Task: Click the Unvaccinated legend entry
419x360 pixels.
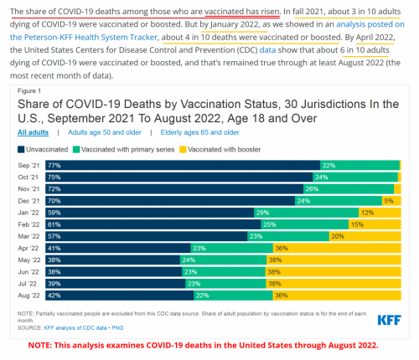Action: click(43, 148)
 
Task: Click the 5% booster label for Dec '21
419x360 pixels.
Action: click(388, 201)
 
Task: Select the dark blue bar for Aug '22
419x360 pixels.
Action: click(117, 295)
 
